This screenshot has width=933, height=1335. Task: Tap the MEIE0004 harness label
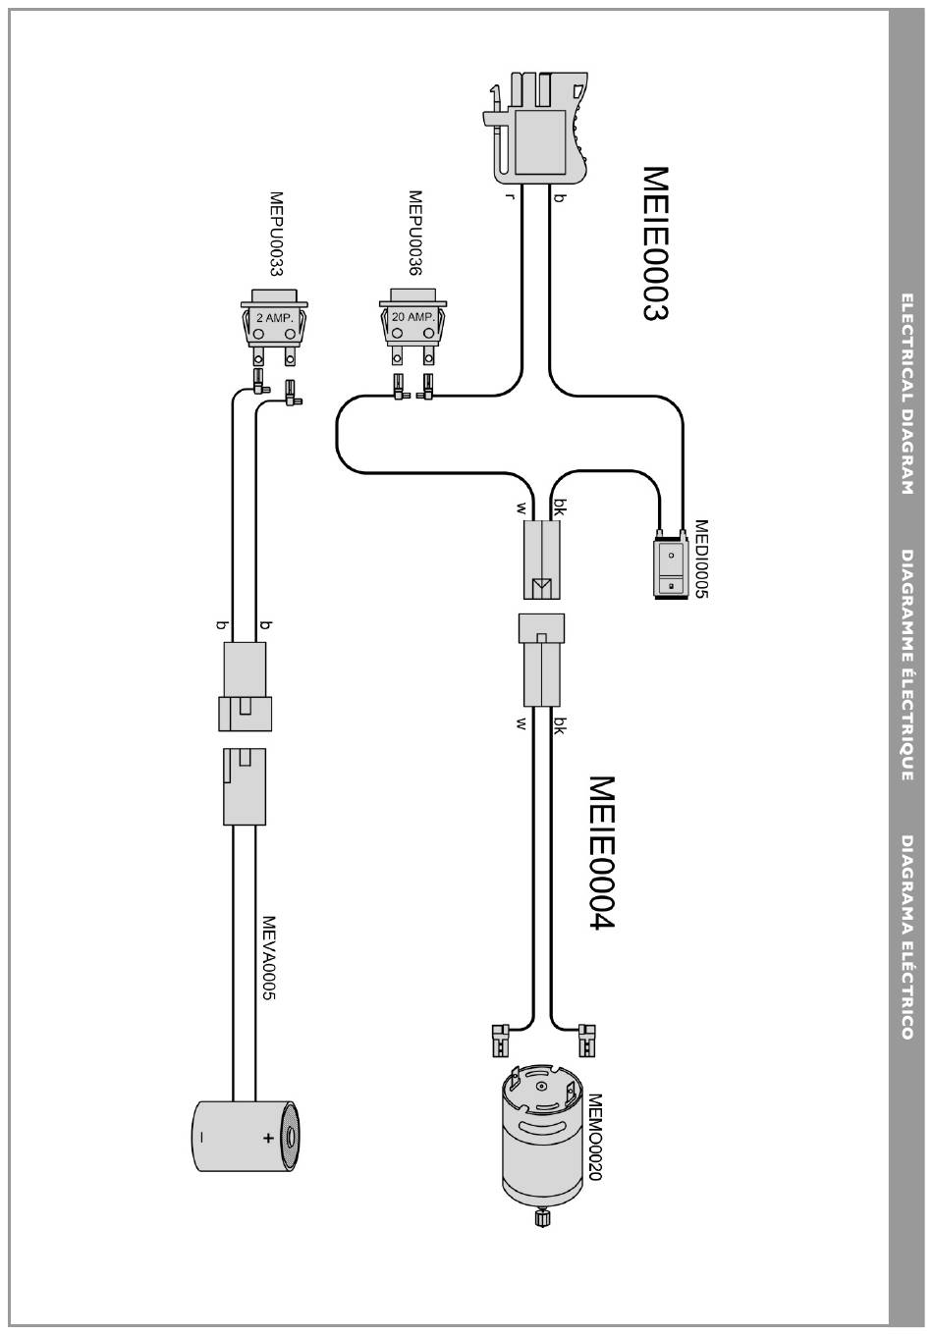tap(601, 852)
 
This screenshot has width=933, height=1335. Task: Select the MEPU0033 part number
tap(275, 234)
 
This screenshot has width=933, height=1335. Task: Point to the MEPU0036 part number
tap(414, 233)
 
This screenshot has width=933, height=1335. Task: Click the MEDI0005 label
tap(700, 559)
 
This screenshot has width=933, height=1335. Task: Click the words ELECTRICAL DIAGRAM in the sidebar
tap(906, 394)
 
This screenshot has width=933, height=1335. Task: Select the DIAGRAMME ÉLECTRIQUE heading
tap(906, 666)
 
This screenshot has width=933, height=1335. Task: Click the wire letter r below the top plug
tap(510, 196)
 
